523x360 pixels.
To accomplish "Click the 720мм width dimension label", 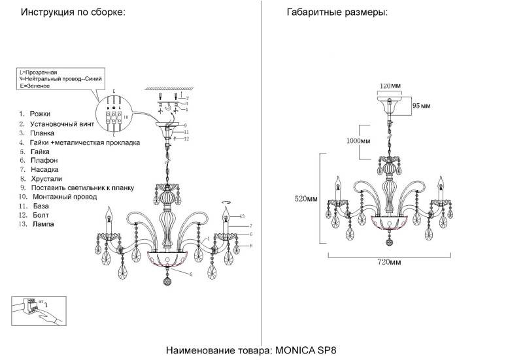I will click(x=389, y=262).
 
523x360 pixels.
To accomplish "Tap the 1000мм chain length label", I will click(x=358, y=141).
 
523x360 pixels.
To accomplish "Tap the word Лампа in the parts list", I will click(x=42, y=223).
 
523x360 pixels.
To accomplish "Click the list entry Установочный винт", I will click(x=63, y=123).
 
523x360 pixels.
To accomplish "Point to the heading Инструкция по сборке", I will click(x=73, y=12).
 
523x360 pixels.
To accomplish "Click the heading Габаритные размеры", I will click(x=337, y=12).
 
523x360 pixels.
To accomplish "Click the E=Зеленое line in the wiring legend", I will click(x=35, y=86).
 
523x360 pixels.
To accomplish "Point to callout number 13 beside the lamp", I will click(x=241, y=216).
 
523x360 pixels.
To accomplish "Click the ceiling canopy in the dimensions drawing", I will click(x=390, y=103).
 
